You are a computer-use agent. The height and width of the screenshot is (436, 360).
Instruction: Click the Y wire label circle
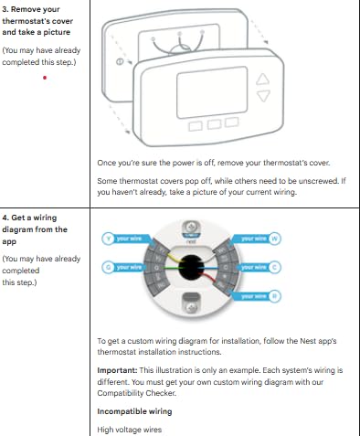108,238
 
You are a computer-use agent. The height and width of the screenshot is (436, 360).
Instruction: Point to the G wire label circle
108,267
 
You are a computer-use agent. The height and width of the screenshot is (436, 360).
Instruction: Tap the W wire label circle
274,238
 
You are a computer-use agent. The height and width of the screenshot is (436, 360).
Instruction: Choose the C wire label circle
274,267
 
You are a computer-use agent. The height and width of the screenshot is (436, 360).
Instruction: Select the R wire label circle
274,295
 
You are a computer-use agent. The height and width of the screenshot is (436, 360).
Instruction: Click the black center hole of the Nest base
191,266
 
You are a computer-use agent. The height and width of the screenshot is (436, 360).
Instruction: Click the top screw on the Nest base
191,227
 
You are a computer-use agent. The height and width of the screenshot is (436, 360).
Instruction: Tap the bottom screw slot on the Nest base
191,304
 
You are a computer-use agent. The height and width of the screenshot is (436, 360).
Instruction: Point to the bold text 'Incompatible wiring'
133,411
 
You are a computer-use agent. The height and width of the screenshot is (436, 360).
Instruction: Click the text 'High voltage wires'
131,429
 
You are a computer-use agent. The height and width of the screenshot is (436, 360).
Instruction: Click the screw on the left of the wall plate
121,61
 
